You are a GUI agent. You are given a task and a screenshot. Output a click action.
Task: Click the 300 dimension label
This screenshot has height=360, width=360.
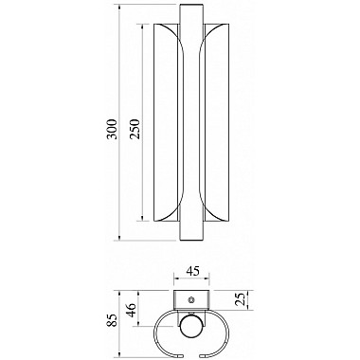112,129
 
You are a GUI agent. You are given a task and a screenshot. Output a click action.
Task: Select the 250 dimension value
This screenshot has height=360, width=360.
135,129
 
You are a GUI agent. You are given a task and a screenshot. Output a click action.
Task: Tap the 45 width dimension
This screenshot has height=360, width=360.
192,271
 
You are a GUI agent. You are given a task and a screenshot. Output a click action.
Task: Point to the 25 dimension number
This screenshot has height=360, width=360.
241,300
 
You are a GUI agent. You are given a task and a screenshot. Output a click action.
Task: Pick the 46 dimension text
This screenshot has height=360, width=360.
131,310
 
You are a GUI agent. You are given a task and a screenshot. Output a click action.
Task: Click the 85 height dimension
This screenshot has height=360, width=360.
113,320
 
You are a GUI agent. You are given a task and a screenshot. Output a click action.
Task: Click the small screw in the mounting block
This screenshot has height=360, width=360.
190,299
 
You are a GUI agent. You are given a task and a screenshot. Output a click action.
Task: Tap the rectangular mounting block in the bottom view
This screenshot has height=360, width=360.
191,299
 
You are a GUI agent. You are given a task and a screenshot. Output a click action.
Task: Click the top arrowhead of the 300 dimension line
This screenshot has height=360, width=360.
119,7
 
